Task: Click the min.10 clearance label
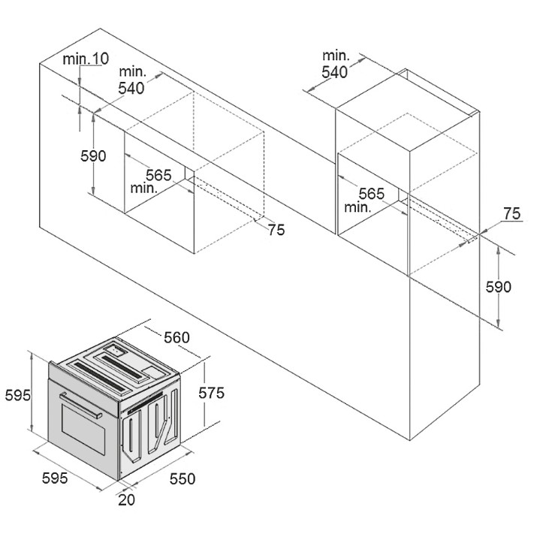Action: click(x=86, y=59)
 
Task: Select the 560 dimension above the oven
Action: click(x=176, y=337)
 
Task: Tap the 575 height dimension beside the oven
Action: click(x=211, y=393)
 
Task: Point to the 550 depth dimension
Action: click(x=183, y=478)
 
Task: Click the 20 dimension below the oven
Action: click(x=126, y=499)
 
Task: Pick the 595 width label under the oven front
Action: click(x=55, y=478)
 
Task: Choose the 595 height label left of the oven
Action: click(x=18, y=396)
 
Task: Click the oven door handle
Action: click(x=80, y=406)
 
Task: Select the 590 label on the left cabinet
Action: click(x=93, y=155)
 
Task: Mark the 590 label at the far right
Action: click(x=498, y=287)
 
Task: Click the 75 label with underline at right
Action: click(x=512, y=214)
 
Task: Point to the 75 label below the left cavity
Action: click(x=276, y=230)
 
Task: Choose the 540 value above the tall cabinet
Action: click(x=335, y=72)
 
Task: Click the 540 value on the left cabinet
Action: click(x=131, y=88)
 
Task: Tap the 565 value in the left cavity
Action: click(x=158, y=175)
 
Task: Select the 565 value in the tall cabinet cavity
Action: click(x=372, y=194)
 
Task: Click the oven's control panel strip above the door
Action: click(x=83, y=389)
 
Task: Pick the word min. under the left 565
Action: click(x=144, y=188)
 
